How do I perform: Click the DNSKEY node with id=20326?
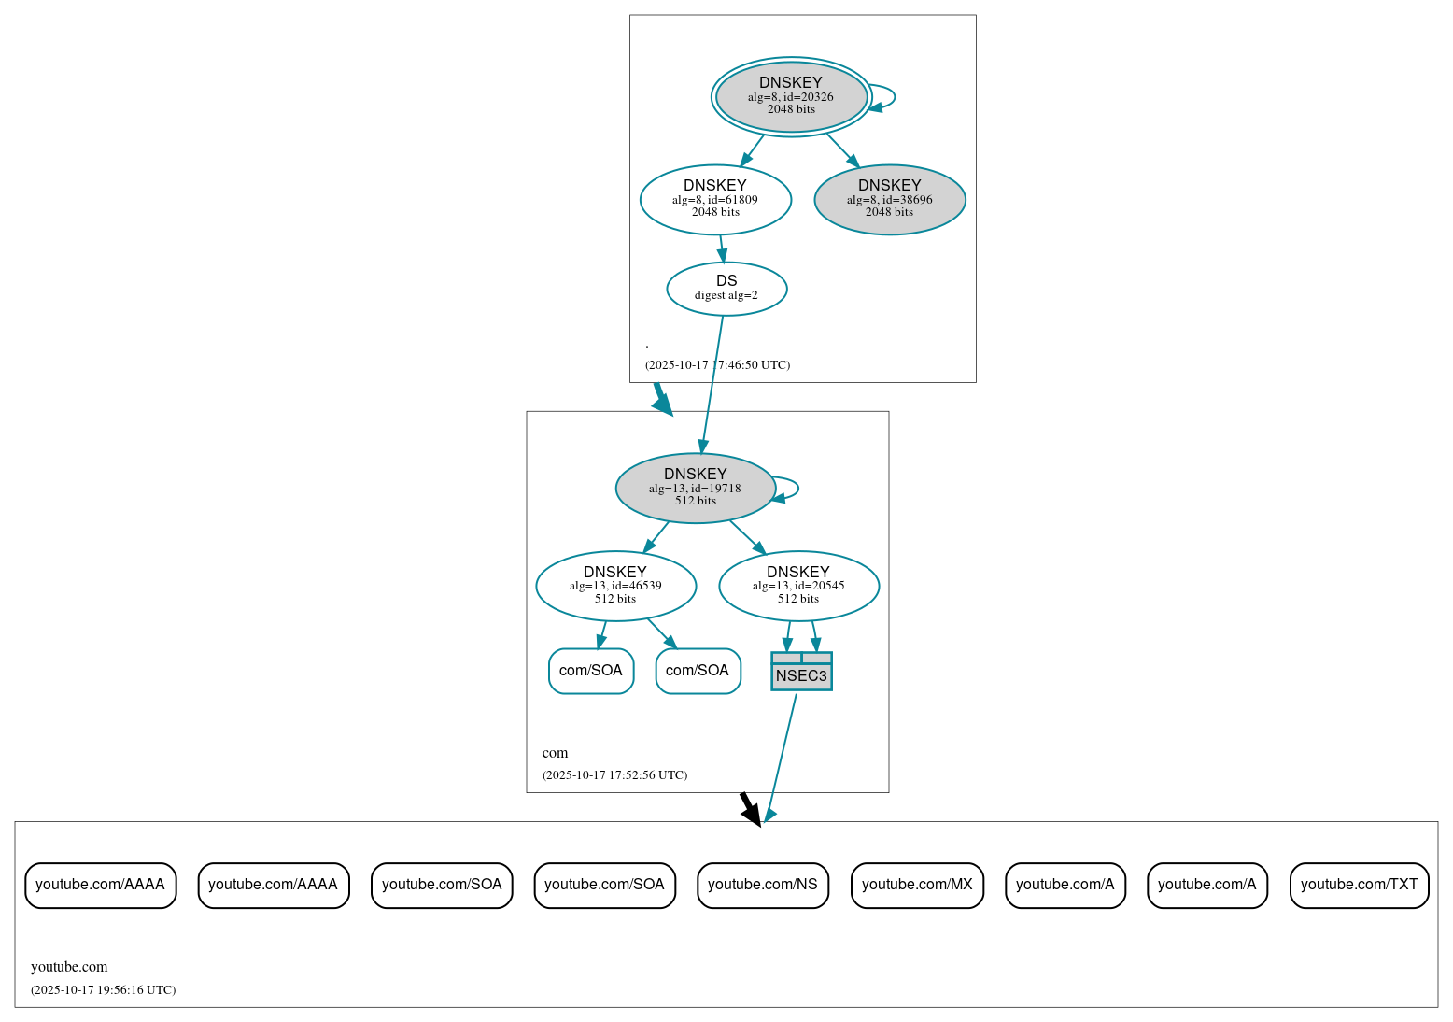coord(791,96)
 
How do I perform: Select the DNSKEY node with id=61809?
coord(715,199)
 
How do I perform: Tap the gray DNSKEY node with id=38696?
coord(889,199)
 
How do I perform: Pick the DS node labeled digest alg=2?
coord(726,288)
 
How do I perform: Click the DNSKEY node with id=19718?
coord(695,488)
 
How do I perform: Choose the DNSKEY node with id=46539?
coord(615,586)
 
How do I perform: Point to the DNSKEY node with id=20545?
coord(798,586)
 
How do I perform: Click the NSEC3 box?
coord(801,672)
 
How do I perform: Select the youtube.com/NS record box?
coord(762,885)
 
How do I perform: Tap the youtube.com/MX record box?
coord(917,885)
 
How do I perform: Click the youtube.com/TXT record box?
coord(1359,885)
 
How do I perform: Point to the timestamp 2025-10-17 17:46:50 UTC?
coord(717,365)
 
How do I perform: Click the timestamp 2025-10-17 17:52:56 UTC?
coord(614,775)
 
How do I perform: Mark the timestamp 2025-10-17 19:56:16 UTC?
coord(103,990)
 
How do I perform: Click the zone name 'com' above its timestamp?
coord(555,753)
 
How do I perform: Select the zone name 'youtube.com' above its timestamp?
coord(69,967)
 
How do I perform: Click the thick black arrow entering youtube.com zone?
coord(750,809)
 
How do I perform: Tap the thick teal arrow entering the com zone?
coord(662,399)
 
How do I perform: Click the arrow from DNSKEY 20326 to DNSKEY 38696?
coord(841,149)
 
